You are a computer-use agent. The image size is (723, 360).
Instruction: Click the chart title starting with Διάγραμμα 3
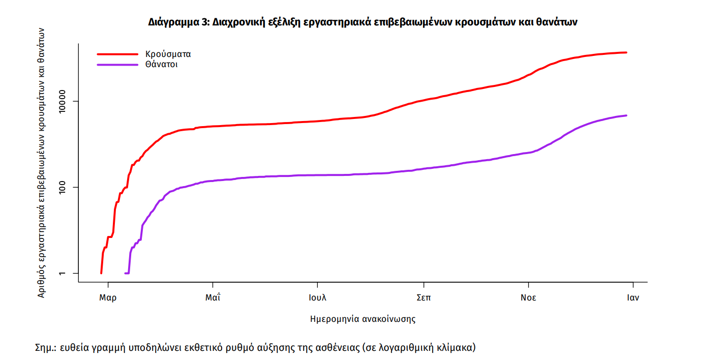(x=363, y=22)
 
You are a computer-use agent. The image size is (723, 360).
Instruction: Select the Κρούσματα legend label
(x=168, y=54)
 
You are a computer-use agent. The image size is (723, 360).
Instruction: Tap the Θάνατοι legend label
(x=161, y=65)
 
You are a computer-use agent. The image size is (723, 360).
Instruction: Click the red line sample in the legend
(x=117, y=54)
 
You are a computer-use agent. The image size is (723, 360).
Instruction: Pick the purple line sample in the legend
(x=117, y=65)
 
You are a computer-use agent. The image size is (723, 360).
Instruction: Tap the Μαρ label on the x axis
(x=107, y=298)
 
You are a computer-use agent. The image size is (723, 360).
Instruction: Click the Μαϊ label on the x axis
(x=213, y=298)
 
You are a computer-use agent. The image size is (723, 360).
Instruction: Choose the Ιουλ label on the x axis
(x=317, y=298)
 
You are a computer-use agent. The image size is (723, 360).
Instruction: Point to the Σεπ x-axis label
(x=424, y=298)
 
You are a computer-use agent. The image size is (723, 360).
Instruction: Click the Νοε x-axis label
(x=528, y=298)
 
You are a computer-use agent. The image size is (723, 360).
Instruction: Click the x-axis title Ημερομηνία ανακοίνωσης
(x=363, y=319)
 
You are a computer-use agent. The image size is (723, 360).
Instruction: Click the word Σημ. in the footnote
(x=44, y=348)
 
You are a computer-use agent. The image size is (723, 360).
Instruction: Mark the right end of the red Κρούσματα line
(x=626, y=52)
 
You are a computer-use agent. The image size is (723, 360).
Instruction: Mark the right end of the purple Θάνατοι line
(x=626, y=115)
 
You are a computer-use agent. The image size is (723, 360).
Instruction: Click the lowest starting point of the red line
(x=101, y=273)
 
